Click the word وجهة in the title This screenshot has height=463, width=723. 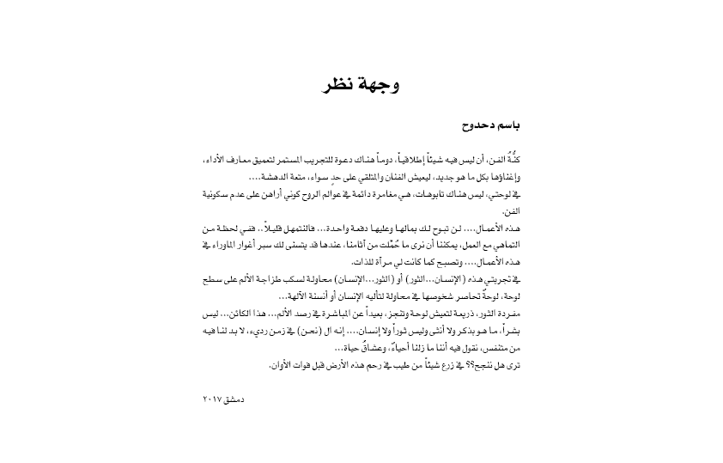point(374,85)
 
